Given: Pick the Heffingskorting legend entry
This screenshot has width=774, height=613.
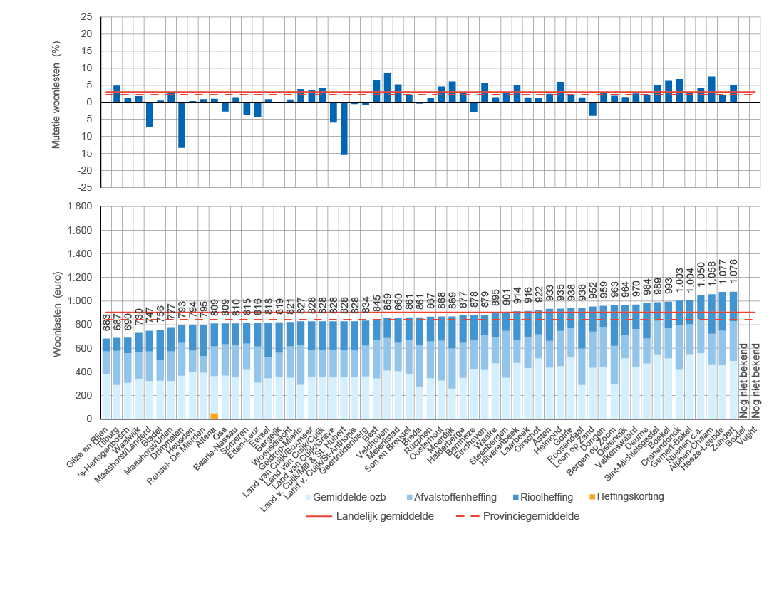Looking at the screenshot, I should point(629,496).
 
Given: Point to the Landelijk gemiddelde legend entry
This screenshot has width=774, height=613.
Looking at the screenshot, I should point(385,516).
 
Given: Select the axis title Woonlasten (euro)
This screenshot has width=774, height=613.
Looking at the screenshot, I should point(57,312).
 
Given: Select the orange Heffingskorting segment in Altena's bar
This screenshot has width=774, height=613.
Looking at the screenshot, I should point(214,416).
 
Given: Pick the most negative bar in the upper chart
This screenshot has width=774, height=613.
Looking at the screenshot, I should point(344,128).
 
